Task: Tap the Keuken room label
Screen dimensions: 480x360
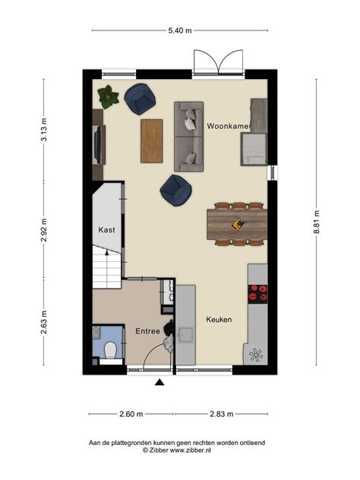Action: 219,320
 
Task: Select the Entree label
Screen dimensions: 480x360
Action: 147,332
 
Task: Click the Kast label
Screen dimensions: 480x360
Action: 107,229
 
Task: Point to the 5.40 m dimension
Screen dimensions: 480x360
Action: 179,30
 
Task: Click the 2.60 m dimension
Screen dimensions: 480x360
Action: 130,414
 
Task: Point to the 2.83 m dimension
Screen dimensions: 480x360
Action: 221,414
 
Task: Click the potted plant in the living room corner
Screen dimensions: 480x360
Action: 109,96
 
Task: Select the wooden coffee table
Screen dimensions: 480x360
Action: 152,141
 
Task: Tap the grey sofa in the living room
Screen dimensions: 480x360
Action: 188,135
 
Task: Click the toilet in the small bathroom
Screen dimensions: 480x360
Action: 111,350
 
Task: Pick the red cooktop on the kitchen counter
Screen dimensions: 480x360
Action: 258,293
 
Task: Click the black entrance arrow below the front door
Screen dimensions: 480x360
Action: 159,383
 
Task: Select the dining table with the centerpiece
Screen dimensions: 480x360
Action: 237,223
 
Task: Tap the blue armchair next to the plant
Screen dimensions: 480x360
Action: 141,99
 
